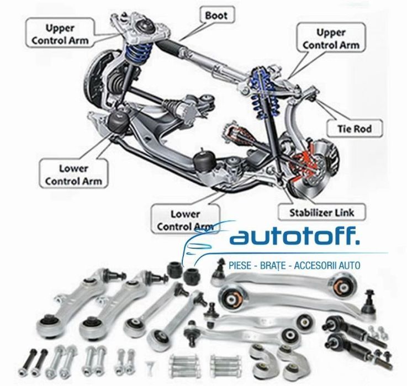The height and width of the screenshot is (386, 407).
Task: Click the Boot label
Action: [x=216, y=15]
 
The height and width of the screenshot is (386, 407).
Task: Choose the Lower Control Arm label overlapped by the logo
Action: [x=185, y=219]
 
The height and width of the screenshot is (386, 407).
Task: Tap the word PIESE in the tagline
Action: [x=240, y=266]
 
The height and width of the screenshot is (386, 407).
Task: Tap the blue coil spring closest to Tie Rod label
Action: [x=260, y=91]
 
